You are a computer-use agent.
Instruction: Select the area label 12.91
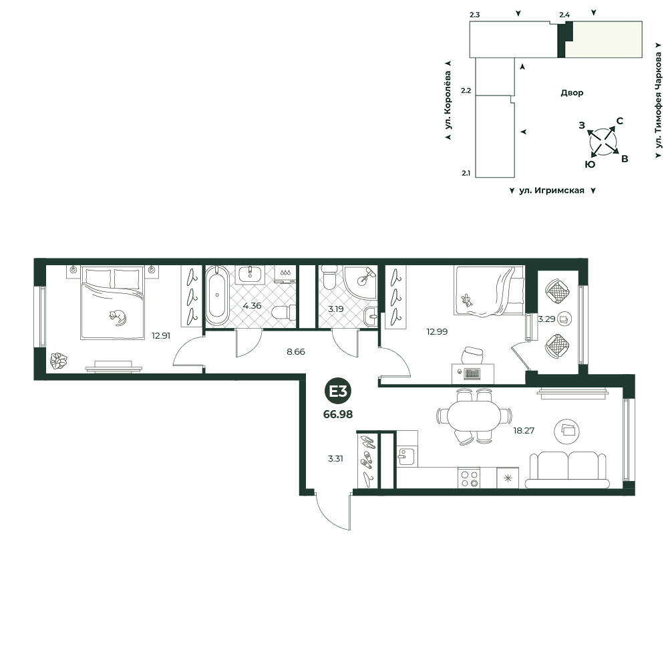pos(161,336)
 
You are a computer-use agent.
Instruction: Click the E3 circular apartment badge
pos(338,391)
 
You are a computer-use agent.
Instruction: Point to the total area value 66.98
pos(338,414)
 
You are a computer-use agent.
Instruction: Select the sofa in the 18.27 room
pos(567,470)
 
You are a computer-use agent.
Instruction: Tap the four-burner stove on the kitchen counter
pos(469,478)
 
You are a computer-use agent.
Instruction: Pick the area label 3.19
pos(336,309)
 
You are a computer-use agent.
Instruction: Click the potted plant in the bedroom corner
pos(58,361)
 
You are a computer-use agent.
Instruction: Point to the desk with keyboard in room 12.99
pos(473,373)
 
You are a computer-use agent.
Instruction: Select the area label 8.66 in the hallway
pos(296,352)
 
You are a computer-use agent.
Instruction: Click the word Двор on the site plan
pos(572,93)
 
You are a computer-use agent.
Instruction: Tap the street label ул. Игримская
pos(552,190)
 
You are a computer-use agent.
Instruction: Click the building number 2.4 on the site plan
pos(564,15)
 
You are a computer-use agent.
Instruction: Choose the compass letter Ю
pos(590,165)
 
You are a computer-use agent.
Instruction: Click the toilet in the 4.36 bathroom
pos(284,313)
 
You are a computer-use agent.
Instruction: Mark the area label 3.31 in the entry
pos(335,459)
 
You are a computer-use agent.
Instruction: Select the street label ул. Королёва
pos(448,101)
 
